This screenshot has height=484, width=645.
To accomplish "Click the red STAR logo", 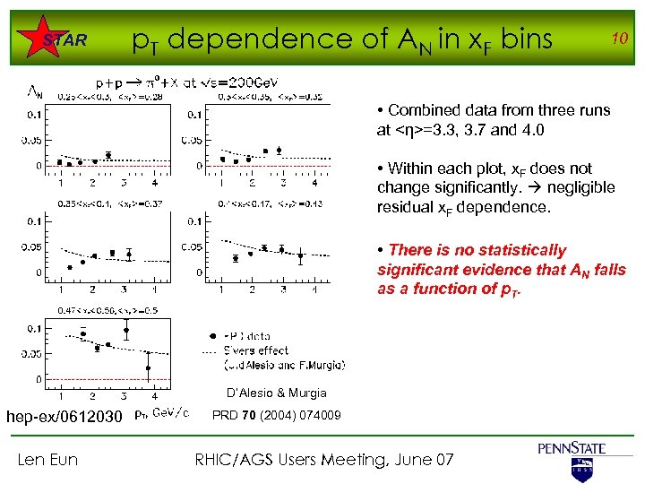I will pyautogui.click(x=64, y=40).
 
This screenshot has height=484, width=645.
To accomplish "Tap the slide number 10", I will pyautogui.click(x=617, y=38).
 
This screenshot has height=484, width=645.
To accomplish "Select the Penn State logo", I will pyautogui.click(x=572, y=458).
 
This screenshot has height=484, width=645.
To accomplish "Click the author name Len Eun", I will pyautogui.click(x=47, y=460).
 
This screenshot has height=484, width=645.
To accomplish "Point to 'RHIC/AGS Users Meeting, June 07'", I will pyautogui.click(x=324, y=460).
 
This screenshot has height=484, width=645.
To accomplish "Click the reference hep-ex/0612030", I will pyautogui.click(x=64, y=416).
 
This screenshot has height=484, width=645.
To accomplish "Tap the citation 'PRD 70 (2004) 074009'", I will pyautogui.click(x=276, y=415).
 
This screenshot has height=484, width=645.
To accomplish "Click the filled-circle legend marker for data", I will pyautogui.click(x=212, y=335).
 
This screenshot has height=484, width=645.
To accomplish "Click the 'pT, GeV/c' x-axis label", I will pyautogui.click(x=161, y=413).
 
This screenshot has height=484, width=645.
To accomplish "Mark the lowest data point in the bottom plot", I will pyautogui.click(x=147, y=367).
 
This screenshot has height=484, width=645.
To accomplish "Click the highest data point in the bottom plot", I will pyautogui.click(x=126, y=330).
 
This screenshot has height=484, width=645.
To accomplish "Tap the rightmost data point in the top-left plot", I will pyautogui.click(x=108, y=155).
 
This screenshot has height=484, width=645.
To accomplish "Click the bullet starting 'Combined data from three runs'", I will pyautogui.click(x=494, y=119).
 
